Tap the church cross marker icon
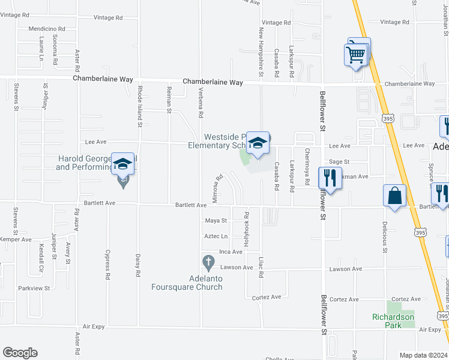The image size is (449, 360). (x=208, y=262)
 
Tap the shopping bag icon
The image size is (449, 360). (x=394, y=196)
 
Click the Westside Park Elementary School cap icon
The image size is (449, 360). (x=258, y=143)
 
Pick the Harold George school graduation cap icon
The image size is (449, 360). (x=123, y=164)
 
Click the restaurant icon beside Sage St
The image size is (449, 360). (x=330, y=177)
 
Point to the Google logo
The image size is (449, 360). (x=20, y=353)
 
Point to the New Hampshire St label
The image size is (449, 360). (x=261, y=52)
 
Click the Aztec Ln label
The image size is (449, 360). (x=216, y=236)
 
